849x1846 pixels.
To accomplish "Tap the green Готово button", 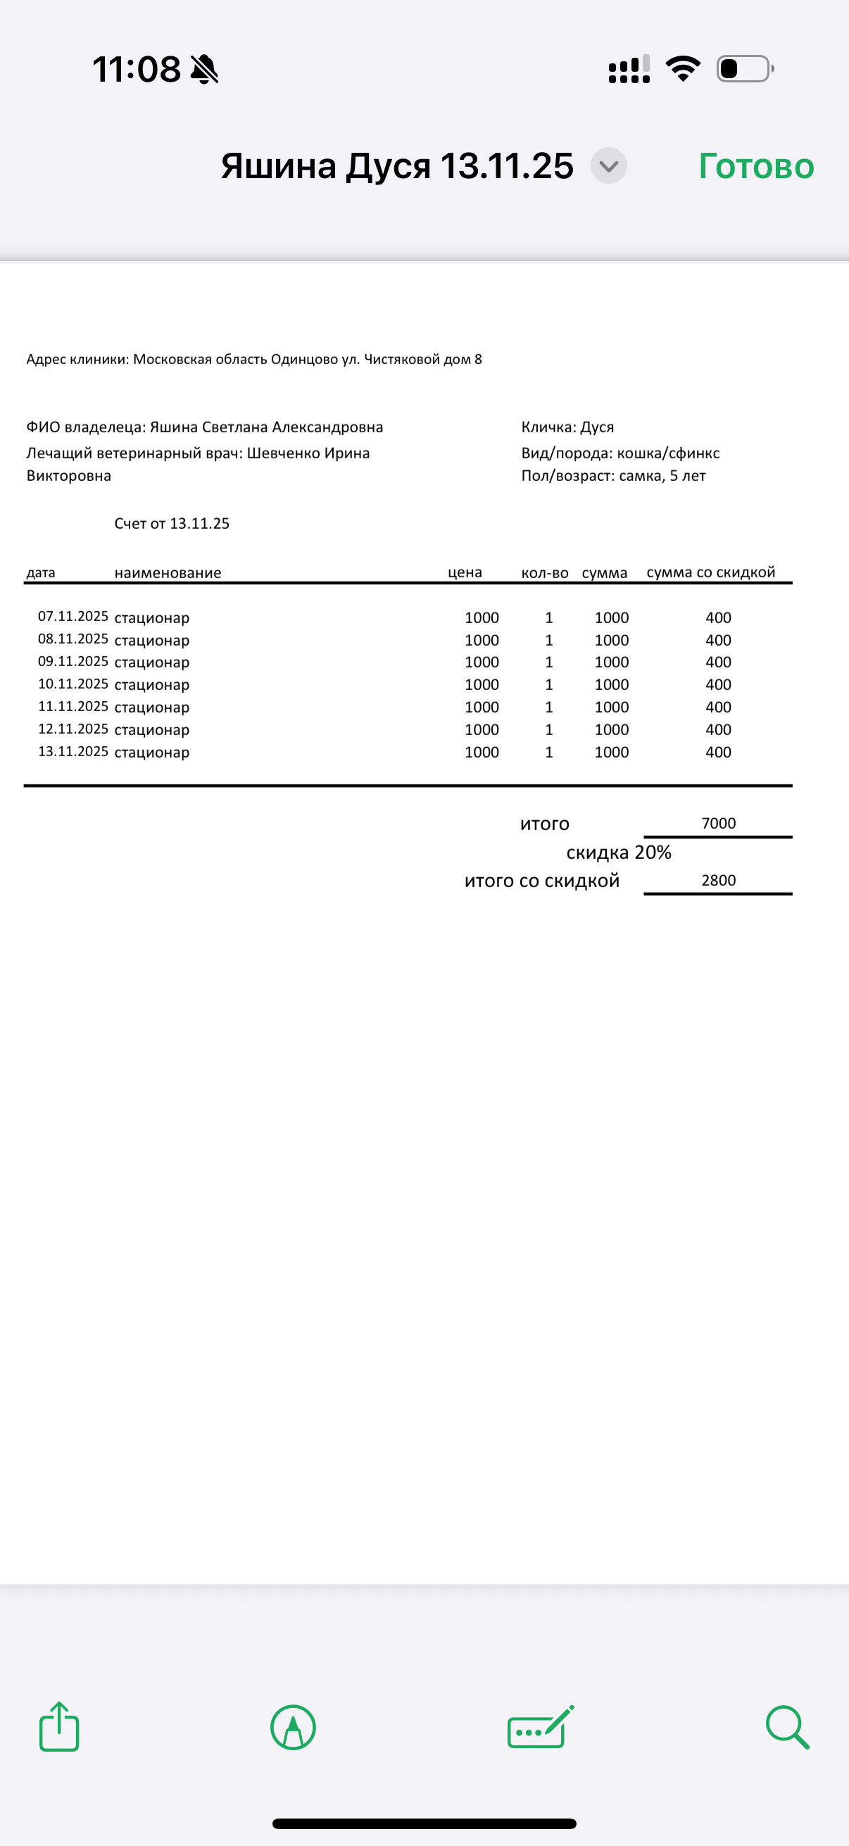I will [756, 166].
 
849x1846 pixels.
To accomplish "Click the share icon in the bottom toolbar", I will [58, 1727].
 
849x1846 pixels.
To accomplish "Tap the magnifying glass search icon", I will [786, 1727].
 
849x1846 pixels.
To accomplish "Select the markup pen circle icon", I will [293, 1727].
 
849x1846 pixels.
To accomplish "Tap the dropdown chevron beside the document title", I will [608, 166].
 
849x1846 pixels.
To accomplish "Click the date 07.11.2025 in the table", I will [73, 616].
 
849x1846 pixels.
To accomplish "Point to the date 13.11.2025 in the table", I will [73, 751].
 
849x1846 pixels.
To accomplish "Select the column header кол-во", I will [544, 573].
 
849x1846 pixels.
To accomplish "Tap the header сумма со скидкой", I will [711, 572].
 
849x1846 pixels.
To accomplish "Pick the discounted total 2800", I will [719, 880].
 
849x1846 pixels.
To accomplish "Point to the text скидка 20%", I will [618, 852].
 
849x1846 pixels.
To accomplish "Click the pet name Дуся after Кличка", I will [597, 427].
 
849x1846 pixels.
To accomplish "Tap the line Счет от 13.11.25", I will [172, 523].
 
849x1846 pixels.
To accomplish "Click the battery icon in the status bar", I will [745, 69].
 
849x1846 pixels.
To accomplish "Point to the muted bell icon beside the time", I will [204, 70].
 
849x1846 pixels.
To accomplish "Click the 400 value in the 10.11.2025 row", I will [718, 684].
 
